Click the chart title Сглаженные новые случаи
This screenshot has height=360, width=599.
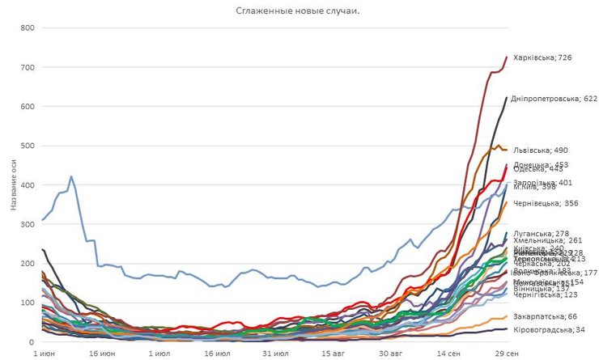click(298, 11)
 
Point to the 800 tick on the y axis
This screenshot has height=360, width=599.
click(27, 28)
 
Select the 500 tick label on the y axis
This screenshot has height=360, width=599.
click(27, 146)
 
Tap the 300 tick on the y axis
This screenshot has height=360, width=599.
click(27, 224)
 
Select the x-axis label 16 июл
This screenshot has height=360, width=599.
click(217, 354)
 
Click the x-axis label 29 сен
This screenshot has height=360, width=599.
click(507, 354)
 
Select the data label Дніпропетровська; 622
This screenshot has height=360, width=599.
click(554, 99)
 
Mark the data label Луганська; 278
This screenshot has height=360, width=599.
click(542, 233)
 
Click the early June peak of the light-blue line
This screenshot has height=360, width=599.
click(71, 176)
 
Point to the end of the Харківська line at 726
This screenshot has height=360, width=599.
click(507, 57)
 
